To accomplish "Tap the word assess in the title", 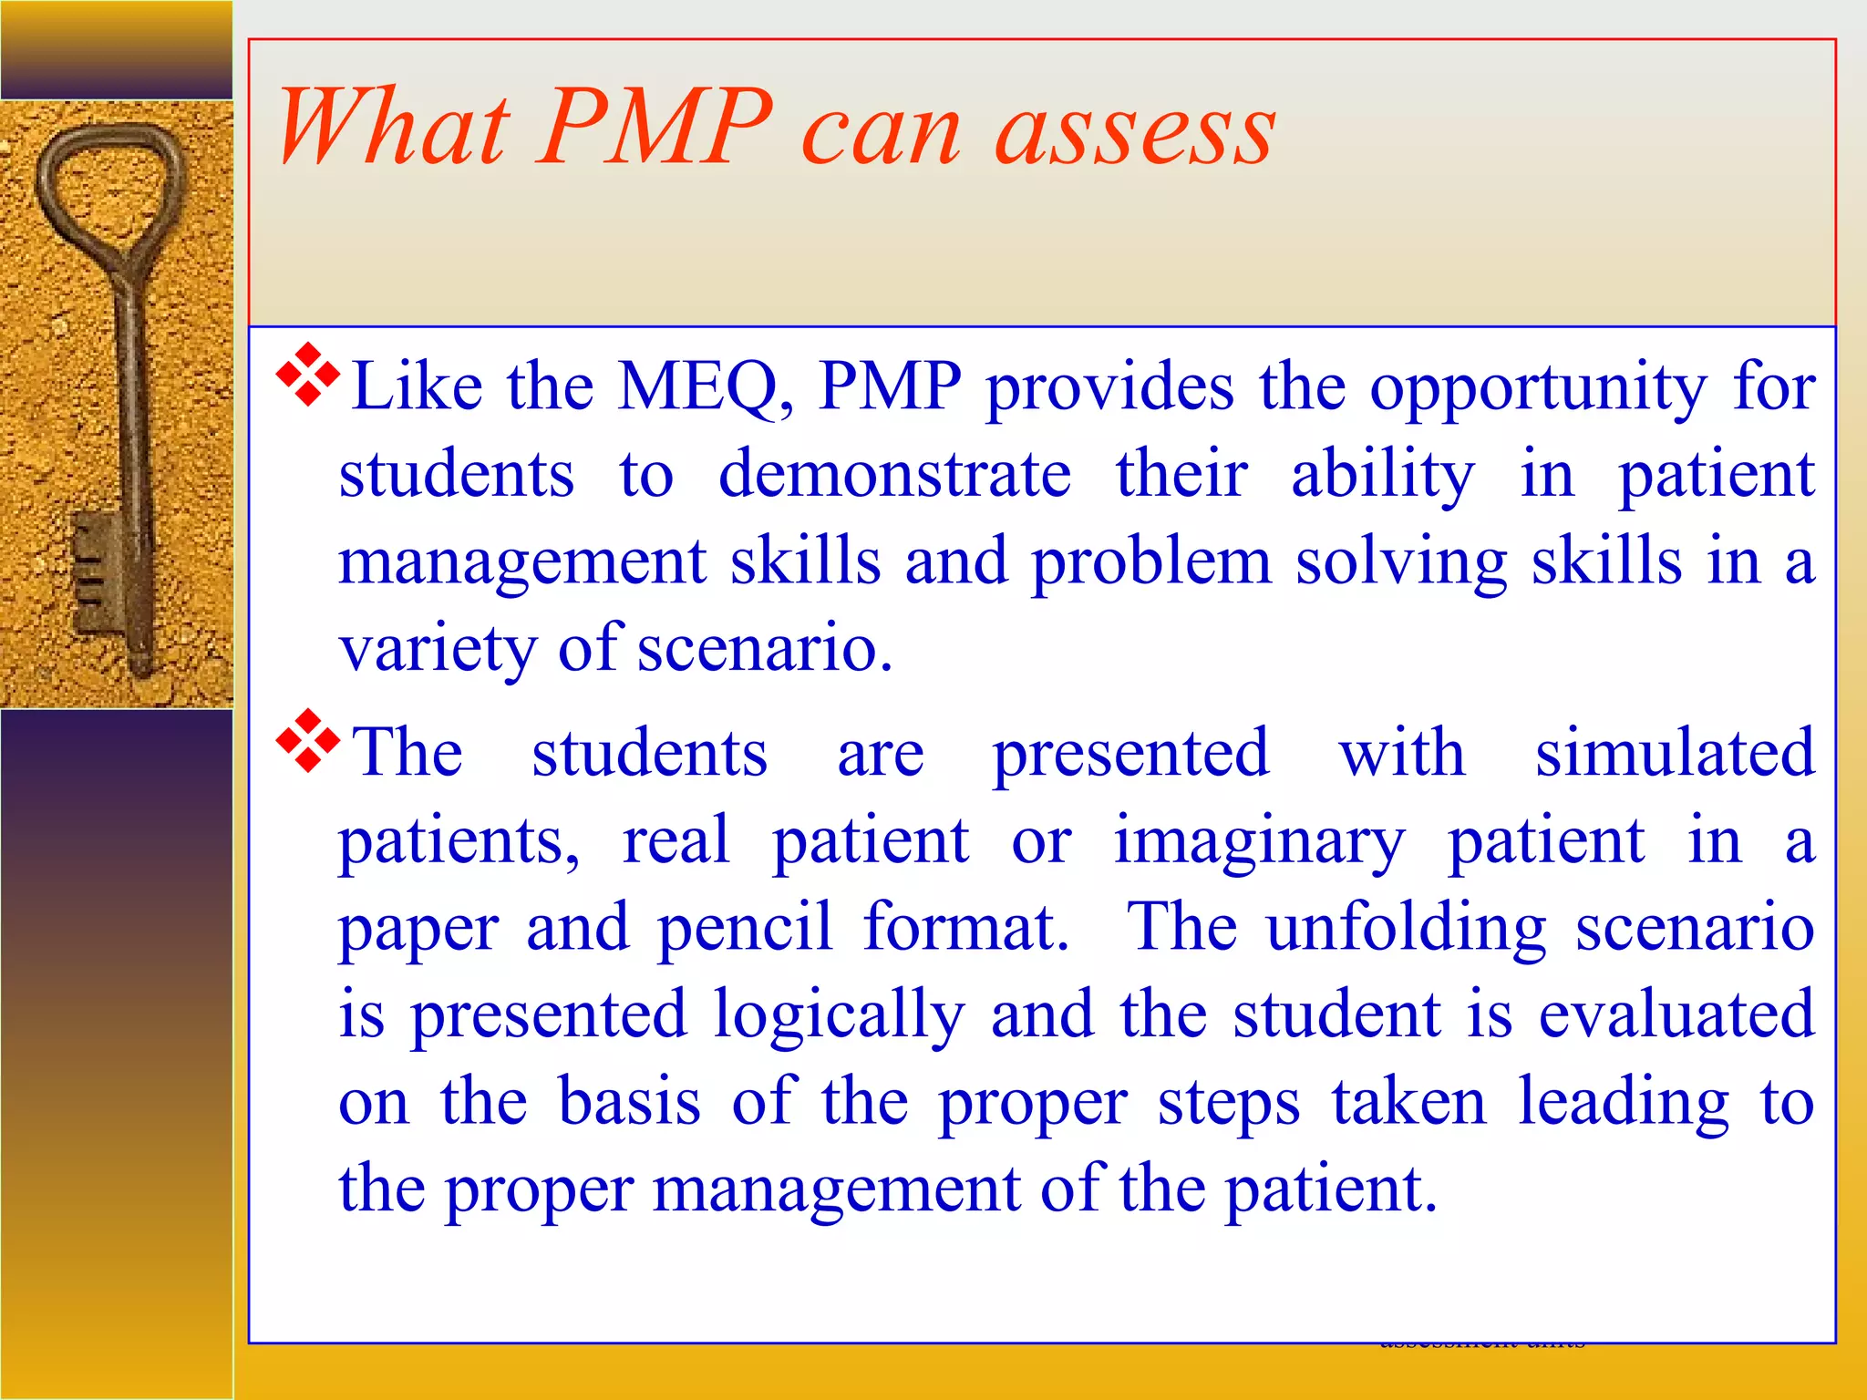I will [x=1135, y=132].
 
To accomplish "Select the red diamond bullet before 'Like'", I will [x=308, y=374].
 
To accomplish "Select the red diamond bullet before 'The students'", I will [x=308, y=740].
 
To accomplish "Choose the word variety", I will [x=437, y=651].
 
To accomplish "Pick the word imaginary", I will [x=1259, y=842].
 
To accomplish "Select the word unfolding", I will [x=1407, y=928].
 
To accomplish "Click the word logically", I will [x=838, y=1017].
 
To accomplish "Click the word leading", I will [x=1623, y=1103].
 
